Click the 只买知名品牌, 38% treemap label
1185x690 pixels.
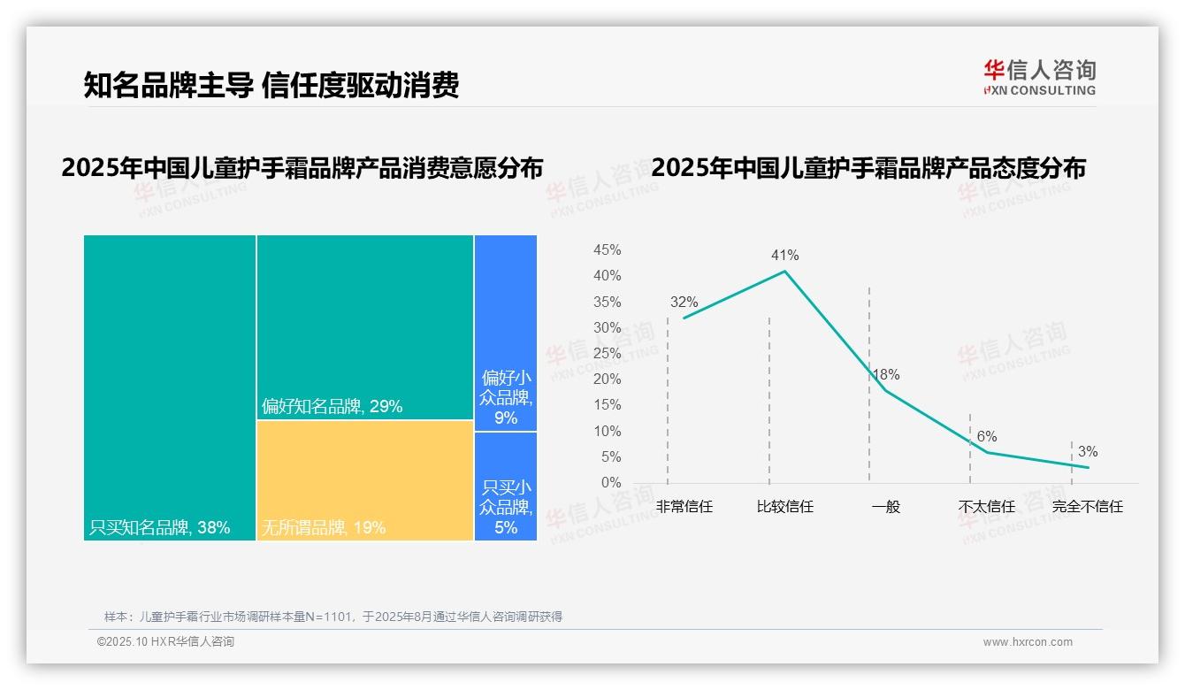click(159, 528)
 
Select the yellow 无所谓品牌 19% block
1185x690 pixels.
click(364, 479)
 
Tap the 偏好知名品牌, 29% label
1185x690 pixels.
click(332, 407)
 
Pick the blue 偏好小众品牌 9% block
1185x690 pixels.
click(506, 333)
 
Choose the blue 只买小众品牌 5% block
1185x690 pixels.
click(506, 486)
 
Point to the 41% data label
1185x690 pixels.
click(784, 256)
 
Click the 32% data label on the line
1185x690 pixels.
click(684, 303)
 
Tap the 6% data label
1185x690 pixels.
click(987, 437)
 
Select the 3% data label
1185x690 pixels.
click(1087, 453)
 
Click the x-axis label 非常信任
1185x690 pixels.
click(684, 508)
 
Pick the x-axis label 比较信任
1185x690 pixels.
click(784, 508)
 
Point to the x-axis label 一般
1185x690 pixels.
click(885, 508)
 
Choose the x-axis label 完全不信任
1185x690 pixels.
click(1087, 508)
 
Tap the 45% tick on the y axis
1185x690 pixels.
click(607, 250)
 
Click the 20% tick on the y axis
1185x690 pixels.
click(607, 379)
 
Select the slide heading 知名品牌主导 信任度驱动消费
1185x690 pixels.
click(271, 85)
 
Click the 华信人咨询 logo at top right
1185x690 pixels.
click(1039, 78)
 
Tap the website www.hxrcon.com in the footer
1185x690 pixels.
click(1028, 642)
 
